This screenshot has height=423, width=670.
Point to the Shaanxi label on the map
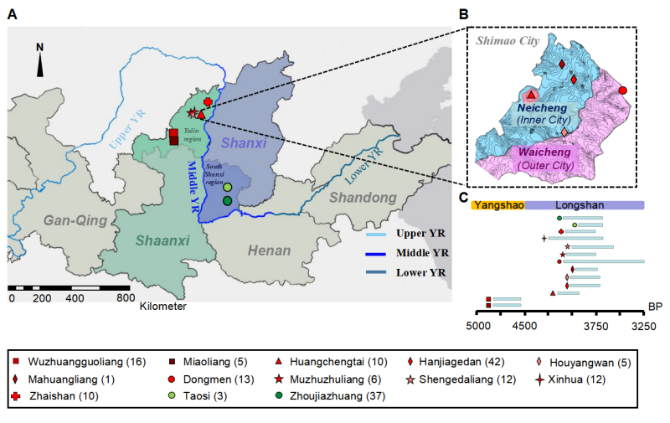(x=162, y=240)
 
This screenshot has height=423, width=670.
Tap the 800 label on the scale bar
(x=123, y=297)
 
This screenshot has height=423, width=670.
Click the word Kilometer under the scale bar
(x=163, y=307)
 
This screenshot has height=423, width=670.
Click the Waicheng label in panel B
(x=545, y=154)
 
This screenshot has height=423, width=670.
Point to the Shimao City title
(x=505, y=39)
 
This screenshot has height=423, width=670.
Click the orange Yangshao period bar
(x=497, y=204)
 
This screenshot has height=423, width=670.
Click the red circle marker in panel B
(x=622, y=90)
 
